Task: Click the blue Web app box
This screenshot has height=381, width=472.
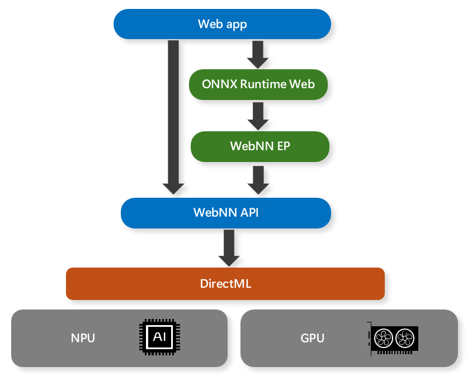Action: [222, 24]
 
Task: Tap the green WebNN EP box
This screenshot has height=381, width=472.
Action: [259, 146]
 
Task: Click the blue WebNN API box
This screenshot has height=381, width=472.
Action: [226, 213]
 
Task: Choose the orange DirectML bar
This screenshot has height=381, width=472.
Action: [225, 284]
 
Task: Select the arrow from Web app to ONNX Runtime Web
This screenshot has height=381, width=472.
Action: [258, 54]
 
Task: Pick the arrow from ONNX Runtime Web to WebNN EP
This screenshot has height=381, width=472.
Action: [258, 115]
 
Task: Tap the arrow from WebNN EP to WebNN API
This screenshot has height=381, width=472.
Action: [258, 179]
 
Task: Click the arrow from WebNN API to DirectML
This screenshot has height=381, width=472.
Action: [229, 247]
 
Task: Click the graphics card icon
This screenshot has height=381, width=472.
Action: [393, 339]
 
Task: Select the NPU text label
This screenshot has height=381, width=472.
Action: [83, 339]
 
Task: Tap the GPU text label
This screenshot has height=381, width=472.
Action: [312, 339]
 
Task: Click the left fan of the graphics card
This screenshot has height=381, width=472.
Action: [384, 339]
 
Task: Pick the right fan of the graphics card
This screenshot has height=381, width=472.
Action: [404, 339]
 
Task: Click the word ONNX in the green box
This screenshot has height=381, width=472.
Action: [219, 84]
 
